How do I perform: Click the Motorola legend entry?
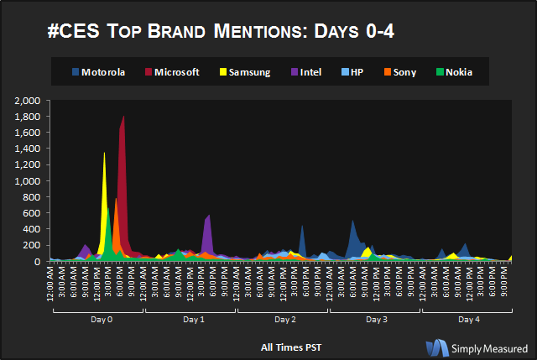pyautogui.click(x=99, y=72)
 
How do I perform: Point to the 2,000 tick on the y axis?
pyautogui.click(x=28, y=101)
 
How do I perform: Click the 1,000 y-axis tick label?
pyautogui.click(x=28, y=181)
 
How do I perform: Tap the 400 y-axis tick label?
pyautogui.click(x=33, y=229)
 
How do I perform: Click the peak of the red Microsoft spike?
pyautogui.click(x=124, y=117)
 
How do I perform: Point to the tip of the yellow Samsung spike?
pyautogui.click(x=104, y=153)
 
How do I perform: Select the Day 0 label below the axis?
pyautogui.click(x=99, y=320)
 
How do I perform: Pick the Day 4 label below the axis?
pyautogui.click(x=468, y=320)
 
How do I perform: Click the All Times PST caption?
pyautogui.click(x=290, y=346)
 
